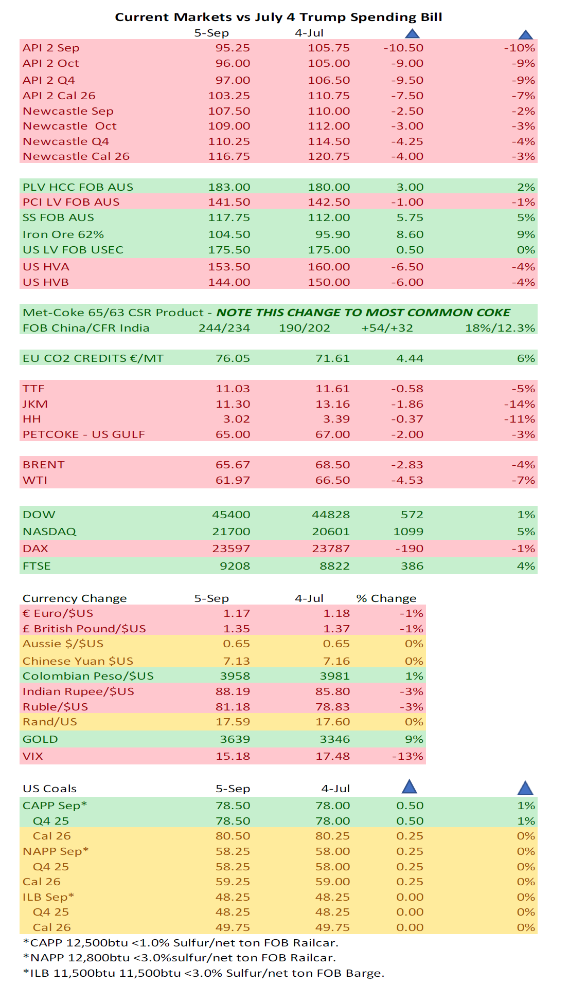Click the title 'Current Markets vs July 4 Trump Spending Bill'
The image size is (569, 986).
[278, 17]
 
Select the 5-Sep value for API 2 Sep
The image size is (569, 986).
[233, 48]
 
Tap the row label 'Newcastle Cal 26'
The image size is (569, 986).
[76, 156]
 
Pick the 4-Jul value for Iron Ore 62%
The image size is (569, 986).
[332, 234]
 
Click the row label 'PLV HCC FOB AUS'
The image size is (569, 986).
[78, 187]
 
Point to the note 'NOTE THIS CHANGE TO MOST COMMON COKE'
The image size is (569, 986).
[363, 313]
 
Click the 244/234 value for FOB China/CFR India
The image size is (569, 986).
[224, 328]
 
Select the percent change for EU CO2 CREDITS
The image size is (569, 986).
[526, 358]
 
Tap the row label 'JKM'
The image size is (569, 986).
[35, 404]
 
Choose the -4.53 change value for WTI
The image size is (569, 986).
[407, 480]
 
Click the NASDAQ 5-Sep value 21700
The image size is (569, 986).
[231, 532]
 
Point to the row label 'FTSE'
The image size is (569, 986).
[37, 566]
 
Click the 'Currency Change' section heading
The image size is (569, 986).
[75, 598]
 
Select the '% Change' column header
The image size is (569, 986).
[386, 598]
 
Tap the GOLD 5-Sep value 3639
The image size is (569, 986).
[235, 739]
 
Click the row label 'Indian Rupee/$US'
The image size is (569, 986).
[78, 691]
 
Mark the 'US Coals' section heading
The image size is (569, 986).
[49, 789]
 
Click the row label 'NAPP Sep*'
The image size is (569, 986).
[56, 851]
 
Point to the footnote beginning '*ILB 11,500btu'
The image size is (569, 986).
[204, 973]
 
